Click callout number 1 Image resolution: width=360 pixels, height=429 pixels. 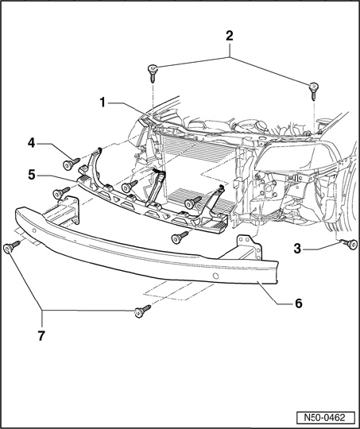pos(103,102)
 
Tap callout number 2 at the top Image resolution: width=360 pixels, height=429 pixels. pos(230,36)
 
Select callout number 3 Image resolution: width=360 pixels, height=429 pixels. pos(297,249)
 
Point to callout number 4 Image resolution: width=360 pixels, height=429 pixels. pos(32,143)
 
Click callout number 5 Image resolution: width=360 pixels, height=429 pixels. pos(32,175)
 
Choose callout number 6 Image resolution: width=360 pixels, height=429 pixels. pos(298,303)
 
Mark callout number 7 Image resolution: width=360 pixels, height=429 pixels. pos(41,336)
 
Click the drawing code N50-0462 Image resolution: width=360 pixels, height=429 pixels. pos(325,418)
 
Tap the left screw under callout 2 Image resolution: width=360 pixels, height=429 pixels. pos(153,73)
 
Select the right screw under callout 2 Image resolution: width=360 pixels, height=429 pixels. pos(314,91)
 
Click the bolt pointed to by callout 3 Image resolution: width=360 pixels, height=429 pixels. pos(349,244)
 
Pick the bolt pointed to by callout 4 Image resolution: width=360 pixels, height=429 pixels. pos(71,164)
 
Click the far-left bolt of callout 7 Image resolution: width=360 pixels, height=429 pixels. pos(11,247)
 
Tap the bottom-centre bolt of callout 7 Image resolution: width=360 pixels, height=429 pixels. pos(142,311)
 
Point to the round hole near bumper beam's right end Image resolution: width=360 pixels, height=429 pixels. pos(215,276)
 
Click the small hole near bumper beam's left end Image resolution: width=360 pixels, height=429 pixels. pos(34,230)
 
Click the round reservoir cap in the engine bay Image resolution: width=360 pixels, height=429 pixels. pos(261,125)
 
